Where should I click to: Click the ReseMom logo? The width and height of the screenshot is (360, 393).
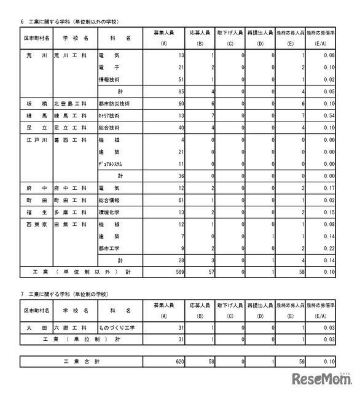tap(322, 377)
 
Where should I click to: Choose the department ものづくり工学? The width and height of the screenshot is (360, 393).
tap(117, 327)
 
